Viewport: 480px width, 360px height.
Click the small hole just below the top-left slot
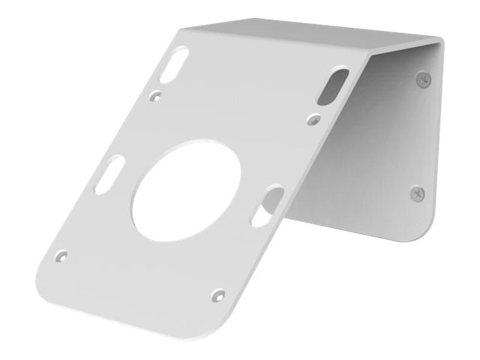pos(155,95)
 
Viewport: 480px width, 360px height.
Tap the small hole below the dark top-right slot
pos(313,117)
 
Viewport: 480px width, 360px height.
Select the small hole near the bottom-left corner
pos(62,256)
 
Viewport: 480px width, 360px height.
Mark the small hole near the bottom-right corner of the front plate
pos(217,292)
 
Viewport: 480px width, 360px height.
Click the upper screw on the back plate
pos(423,77)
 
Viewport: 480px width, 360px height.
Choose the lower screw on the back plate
pos(417,193)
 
